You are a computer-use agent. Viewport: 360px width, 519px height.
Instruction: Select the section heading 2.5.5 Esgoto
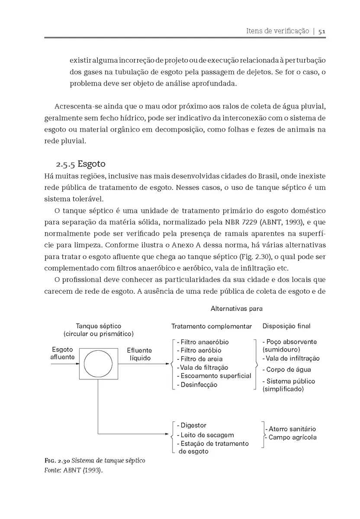tap(80, 164)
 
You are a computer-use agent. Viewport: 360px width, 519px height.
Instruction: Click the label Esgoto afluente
tap(62, 353)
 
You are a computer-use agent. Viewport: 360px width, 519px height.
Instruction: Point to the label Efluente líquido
tap(139, 354)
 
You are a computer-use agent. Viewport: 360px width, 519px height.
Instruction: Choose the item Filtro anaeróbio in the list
tap(202, 342)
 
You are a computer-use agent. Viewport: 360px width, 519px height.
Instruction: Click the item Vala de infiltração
tap(291, 358)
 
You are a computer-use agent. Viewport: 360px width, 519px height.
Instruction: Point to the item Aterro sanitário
tap(292, 429)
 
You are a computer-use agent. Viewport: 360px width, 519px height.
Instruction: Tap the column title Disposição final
tap(286, 326)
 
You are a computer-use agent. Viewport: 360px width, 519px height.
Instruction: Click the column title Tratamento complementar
tap(212, 326)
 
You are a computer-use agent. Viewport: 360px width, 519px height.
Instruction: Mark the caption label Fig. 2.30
tap(57, 461)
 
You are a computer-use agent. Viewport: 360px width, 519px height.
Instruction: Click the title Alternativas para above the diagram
tap(237, 309)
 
